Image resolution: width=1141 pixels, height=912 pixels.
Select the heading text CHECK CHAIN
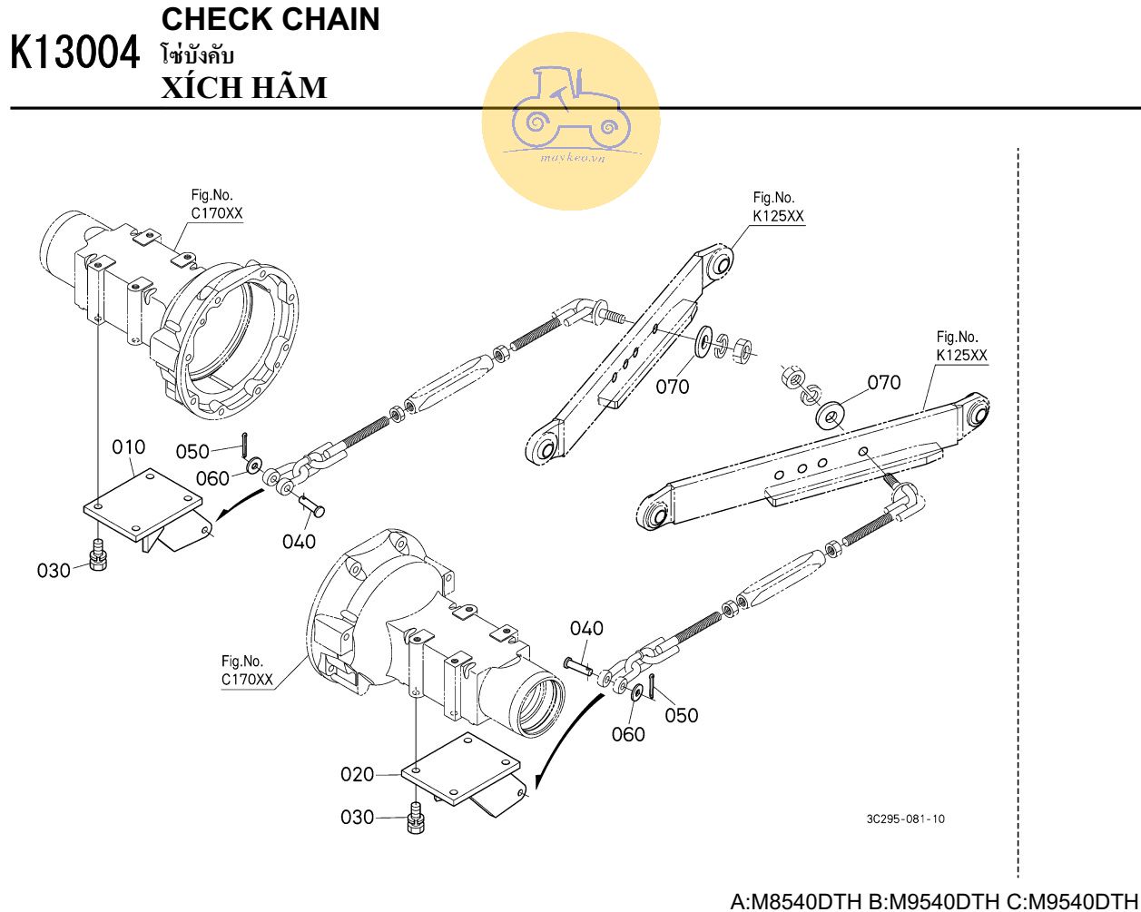270,20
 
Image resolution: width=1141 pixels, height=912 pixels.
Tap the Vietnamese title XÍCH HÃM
243,88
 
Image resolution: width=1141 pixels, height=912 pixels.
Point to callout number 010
128,447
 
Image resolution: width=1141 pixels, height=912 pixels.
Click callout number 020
357,774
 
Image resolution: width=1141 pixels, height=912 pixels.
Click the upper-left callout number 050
192,451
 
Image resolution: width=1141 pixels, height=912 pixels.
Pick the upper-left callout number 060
212,478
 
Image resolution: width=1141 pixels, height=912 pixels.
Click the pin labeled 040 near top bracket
312,506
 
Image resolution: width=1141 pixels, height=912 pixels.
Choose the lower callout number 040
586,628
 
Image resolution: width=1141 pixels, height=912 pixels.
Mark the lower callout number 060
628,734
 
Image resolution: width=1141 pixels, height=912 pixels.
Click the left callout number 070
673,387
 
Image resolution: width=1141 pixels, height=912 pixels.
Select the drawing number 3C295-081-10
905,819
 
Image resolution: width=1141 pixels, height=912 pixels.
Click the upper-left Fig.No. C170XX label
217,205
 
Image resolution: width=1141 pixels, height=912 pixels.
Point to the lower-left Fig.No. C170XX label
247,671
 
